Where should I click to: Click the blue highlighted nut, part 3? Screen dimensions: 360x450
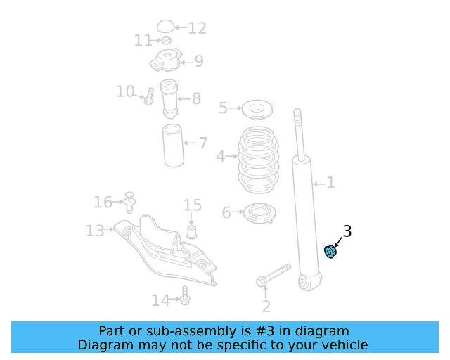click(x=330, y=251)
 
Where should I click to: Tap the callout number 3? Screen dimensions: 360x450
click(x=347, y=231)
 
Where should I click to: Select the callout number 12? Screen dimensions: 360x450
click(x=198, y=28)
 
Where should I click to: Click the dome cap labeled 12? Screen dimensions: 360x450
click(x=165, y=27)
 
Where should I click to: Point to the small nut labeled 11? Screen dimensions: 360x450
click(x=166, y=41)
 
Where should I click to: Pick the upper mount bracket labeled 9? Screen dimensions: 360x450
click(x=165, y=64)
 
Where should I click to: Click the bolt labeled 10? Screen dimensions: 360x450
click(x=149, y=98)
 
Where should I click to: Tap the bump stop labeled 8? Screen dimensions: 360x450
click(x=169, y=99)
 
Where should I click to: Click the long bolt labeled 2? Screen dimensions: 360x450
click(x=274, y=275)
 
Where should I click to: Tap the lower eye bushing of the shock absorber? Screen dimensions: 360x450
click(x=306, y=283)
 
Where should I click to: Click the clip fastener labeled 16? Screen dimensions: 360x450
click(x=129, y=202)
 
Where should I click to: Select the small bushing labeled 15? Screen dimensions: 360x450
click(x=191, y=231)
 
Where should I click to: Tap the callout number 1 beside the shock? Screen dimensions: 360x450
click(x=330, y=184)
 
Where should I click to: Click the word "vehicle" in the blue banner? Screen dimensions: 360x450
click(x=343, y=345)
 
